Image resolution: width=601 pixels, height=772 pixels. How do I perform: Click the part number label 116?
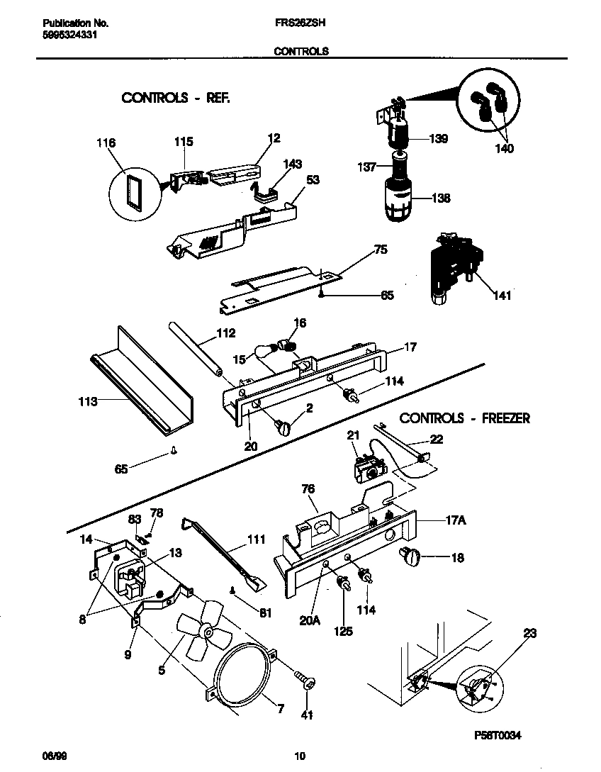click(106, 143)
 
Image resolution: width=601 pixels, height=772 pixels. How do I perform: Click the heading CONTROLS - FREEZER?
click(464, 418)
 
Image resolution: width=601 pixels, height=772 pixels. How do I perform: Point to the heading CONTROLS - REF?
click(175, 98)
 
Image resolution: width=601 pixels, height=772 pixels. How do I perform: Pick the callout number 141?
click(502, 296)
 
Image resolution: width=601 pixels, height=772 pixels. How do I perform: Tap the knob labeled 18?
click(411, 558)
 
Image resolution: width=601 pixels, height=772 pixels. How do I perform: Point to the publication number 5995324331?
click(65, 33)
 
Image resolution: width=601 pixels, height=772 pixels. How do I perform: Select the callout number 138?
click(441, 198)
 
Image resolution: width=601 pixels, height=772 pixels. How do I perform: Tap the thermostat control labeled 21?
click(368, 468)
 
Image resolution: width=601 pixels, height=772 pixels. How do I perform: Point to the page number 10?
click(300, 756)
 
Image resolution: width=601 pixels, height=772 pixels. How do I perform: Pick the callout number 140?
click(505, 149)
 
